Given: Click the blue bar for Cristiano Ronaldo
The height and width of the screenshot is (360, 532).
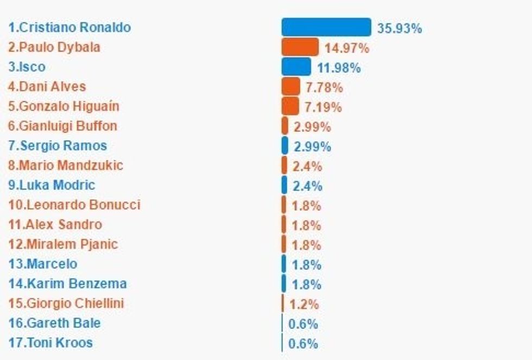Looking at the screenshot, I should click(326, 27).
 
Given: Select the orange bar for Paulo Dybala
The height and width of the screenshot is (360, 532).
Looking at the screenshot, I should click(300, 47).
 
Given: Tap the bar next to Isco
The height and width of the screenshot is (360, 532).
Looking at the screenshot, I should click(296, 67).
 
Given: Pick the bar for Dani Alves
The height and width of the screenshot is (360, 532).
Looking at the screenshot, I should click(290, 86).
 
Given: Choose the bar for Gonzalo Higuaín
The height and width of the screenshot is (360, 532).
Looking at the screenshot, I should click(290, 106).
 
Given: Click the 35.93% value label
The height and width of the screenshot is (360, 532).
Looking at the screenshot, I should click(400, 28).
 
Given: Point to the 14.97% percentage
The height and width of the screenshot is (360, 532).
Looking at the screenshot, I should click(347, 48).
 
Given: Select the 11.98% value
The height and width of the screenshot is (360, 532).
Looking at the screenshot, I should click(339, 68).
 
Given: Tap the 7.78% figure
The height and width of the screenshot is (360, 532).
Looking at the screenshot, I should click(324, 87).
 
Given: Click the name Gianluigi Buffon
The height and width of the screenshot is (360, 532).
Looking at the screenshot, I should click(62, 126).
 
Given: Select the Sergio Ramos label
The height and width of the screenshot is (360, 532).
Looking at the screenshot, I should click(58, 146).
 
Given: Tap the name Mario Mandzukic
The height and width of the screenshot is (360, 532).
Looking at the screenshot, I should click(66, 165).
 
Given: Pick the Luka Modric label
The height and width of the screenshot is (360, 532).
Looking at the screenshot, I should click(52, 185).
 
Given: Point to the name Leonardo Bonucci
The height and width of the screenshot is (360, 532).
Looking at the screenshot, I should click(74, 205).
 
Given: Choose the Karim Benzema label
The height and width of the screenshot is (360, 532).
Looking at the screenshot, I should click(67, 283).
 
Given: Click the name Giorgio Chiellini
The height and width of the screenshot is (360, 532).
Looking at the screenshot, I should click(66, 303).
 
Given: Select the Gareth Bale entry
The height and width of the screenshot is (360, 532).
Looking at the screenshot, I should click(54, 323).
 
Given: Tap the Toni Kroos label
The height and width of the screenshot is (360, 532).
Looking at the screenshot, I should click(50, 343).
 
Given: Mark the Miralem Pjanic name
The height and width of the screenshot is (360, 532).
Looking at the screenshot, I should click(63, 244).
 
